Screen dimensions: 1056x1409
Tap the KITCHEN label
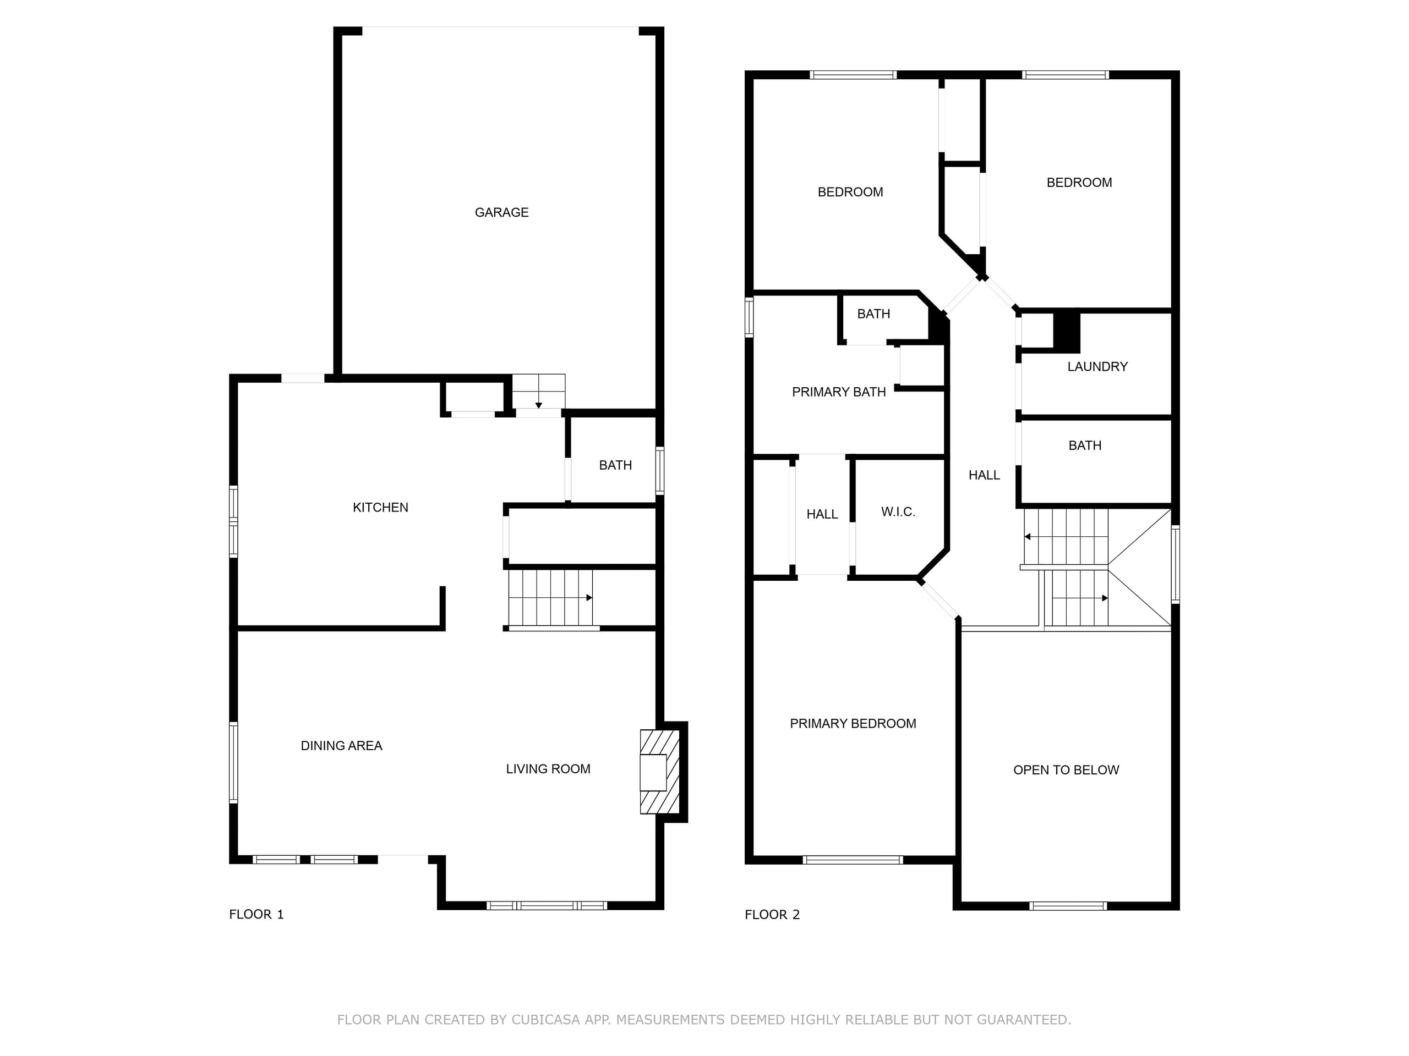380,507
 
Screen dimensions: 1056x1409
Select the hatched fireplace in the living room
660,772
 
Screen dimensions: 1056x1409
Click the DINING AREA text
341,745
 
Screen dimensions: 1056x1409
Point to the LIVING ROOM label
548,769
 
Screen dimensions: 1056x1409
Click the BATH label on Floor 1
615,465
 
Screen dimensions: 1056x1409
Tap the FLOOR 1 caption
256,914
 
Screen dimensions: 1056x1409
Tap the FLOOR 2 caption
772,915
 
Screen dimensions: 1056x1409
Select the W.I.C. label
898,512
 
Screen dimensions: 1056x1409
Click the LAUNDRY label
1097,367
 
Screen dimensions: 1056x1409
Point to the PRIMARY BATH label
839,392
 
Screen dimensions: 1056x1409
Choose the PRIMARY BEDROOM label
853,723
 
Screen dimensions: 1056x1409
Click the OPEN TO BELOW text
1066,769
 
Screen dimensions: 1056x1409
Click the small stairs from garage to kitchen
539,392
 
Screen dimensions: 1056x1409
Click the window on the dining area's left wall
234,762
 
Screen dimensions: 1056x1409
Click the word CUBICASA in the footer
545,1020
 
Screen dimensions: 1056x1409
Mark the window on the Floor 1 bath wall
660,471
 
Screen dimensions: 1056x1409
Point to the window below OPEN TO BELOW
1068,906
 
